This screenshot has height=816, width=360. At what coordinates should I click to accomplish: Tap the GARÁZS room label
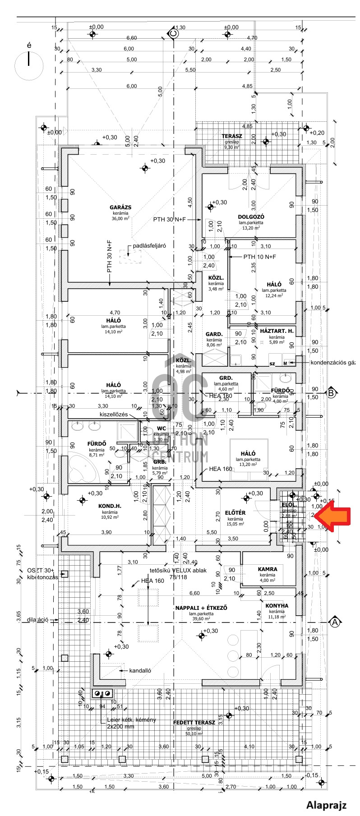click(x=120, y=207)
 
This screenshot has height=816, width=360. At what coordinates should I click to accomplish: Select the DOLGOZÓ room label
click(x=251, y=217)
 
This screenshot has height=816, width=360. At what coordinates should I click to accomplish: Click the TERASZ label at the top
click(x=232, y=136)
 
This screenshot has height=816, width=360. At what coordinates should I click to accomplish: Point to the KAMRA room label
click(x=268, y=569)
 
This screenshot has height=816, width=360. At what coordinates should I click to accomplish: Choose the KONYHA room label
click(x=277, y=606)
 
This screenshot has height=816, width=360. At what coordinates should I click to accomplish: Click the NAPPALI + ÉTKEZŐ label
click(x=201, y=608)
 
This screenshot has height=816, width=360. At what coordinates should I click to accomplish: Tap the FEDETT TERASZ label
click(x=194, y=723)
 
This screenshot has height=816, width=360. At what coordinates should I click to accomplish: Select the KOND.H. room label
click(x=110, y=506)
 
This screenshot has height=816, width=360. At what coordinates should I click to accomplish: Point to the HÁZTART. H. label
click(x=277, y=331)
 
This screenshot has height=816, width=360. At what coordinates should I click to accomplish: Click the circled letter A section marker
click(x=335, y=622)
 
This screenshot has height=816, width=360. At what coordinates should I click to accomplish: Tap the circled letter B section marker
click(x=332, y=392)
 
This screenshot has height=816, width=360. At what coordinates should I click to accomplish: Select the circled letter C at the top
click(x=173, y=32)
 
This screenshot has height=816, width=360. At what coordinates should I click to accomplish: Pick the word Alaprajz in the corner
click(x=327, y=805)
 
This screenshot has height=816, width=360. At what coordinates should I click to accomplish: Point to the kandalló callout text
click(x=140, y=670)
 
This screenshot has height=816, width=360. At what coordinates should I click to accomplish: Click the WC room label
click(x=162, y=429)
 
